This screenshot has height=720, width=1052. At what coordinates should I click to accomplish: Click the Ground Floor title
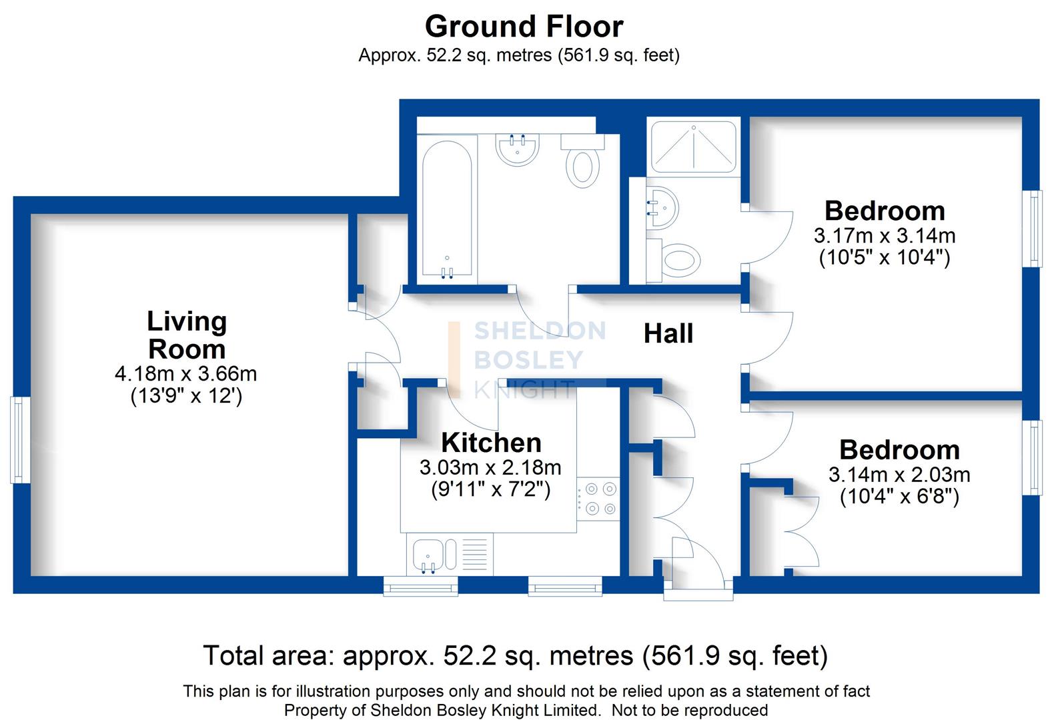(x=524, y=27)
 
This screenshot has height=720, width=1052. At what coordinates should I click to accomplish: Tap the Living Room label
(x=187, y=335)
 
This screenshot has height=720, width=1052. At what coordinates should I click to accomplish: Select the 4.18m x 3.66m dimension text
(x=186, y=373)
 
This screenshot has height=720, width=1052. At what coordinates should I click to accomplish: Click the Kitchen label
(x=491, y=443)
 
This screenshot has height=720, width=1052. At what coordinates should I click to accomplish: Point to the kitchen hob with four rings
(x=598, y=499)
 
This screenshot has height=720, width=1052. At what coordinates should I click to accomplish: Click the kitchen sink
(x=425, y=557)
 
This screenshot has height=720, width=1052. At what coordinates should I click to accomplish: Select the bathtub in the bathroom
(x=447, y=210)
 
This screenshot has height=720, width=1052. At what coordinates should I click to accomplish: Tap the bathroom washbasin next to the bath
(x=518, y=147)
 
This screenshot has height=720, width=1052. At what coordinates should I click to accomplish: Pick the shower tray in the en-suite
(x=694, y=147)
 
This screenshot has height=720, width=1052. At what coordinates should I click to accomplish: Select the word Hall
(x=668, y=333)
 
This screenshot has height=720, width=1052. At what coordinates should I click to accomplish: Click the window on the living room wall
(x=20, y=440)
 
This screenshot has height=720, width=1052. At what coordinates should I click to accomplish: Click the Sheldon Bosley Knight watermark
(x=527, y=360)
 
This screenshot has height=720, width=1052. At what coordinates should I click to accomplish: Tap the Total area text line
(x=515, y=655)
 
